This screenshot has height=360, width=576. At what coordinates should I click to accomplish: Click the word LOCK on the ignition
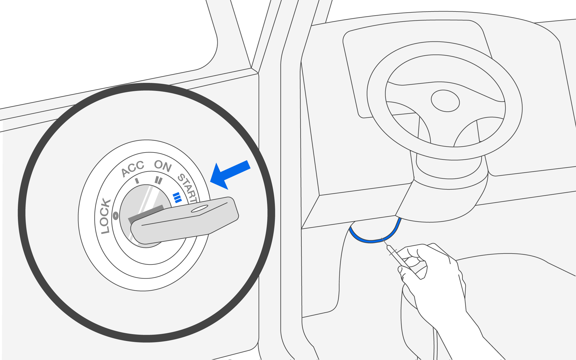click(105, 216)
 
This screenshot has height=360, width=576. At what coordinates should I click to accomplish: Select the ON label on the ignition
click(163, 166)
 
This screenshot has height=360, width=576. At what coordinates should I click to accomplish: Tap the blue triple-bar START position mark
click(177, 197)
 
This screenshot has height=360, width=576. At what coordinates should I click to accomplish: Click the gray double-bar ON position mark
click(158, 180)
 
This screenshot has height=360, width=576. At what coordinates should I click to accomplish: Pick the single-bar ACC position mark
click(137, 181)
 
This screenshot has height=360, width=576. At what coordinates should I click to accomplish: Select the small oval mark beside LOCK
click(116, 216)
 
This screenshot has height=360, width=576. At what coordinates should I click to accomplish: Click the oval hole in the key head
click(200, 209)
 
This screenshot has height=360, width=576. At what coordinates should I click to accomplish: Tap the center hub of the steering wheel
click(445, 101)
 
